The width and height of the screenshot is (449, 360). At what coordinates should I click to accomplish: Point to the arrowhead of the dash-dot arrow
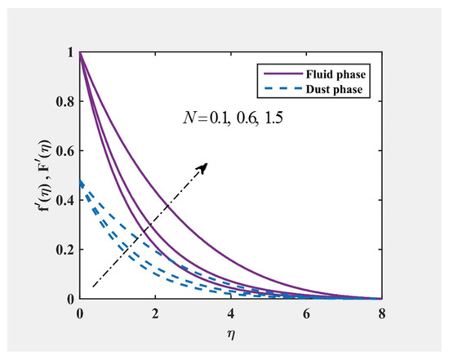pos(205,164)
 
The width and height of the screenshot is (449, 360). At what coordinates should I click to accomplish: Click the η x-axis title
pos(232,335)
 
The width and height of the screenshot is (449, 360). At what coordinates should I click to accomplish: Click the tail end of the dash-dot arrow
pos(92,287)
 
